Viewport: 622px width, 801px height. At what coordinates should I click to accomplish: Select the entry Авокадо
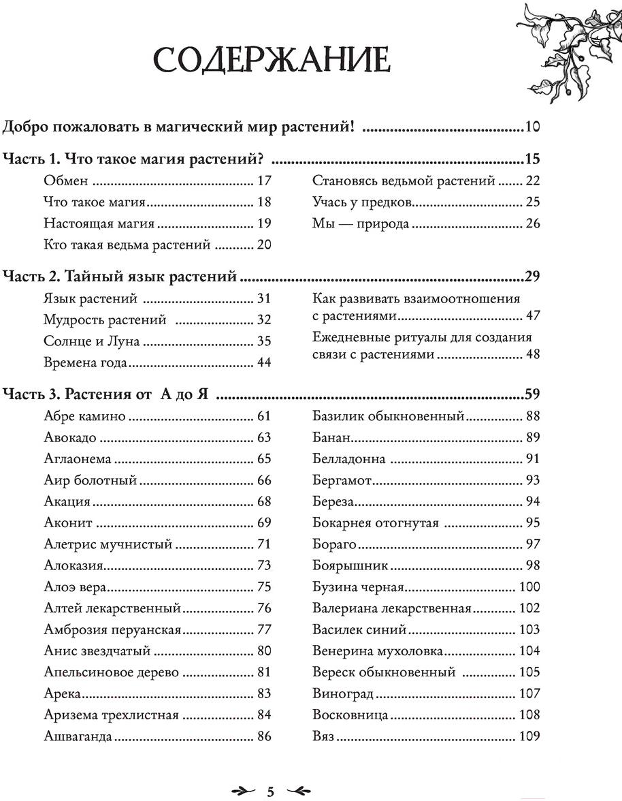click(x=69, y=437)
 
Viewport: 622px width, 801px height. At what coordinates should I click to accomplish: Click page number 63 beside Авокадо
click(x=264, y=437)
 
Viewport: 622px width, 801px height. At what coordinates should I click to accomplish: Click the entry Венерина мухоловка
click(x=378, y=651)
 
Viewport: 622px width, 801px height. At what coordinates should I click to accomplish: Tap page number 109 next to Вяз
click(x=529, y=736)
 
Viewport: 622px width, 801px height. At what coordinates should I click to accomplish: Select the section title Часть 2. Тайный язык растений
click(x=120, y=276)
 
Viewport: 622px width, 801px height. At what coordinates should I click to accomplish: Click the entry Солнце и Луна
click(x=91, y=341)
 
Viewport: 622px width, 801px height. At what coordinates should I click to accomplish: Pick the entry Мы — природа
click(x=361, y=223)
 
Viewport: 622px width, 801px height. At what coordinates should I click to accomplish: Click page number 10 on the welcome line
click(x=531, y=127)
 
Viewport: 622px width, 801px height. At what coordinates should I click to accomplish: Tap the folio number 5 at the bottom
click(x=270, y=791)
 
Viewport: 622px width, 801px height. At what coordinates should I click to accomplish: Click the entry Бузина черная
click(x=359, y=587)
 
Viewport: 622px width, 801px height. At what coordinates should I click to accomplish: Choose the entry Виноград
click(x=344, y=694)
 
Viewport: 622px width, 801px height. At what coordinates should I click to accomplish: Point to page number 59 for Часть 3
click(x=531, y=393)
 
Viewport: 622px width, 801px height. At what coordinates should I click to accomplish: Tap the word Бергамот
click(x=342, y=480)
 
